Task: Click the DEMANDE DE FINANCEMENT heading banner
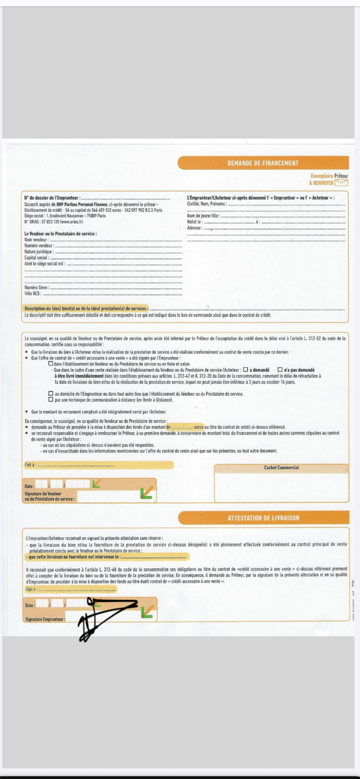coord(263,163)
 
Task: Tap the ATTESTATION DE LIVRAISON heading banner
coord(263,518)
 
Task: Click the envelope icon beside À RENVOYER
coord(341,183)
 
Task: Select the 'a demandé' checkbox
coord(245,369)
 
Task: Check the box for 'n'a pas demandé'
coord(280,369)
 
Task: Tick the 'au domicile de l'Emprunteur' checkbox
coord(51,393)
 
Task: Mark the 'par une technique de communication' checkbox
coord(51,399)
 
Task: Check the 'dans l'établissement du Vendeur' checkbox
coord(51,364)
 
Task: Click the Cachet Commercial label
coord(281,467)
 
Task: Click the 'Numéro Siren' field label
coord(36,288)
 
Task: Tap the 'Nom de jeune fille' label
coord(203,216)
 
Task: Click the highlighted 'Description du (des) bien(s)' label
coord(86,309)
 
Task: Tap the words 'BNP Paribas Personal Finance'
coord(82,204)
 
